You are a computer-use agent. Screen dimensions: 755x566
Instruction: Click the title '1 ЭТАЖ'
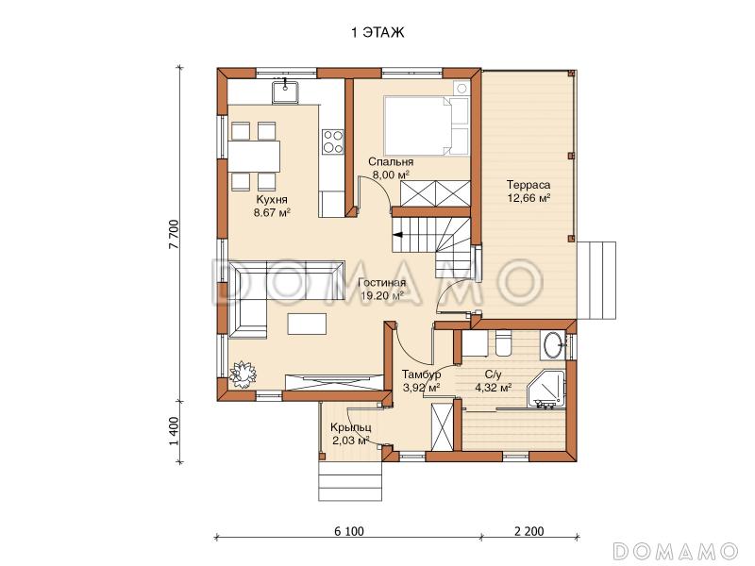pos(377,33)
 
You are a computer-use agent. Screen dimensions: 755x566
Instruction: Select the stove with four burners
pos(333,141)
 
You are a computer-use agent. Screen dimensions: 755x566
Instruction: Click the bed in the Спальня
pos(427,126)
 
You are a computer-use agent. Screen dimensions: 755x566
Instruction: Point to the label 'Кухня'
pos(272,200)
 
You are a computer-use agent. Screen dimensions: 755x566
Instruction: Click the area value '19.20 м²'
pos(382,295)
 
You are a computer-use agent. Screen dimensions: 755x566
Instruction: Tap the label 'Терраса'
pos(528,185)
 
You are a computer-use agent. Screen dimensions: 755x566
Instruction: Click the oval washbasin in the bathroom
pos(553,344)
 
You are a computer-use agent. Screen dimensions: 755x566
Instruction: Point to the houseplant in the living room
pos(243,373)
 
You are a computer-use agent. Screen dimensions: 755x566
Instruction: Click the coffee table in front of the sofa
pos(307,323)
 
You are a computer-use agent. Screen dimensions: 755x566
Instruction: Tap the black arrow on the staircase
pos(398,235)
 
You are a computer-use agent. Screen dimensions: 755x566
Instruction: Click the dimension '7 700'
pos(175,234)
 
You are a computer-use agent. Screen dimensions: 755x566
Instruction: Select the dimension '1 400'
pos(175,431)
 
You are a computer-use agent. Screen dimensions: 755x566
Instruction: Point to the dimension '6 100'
pos(348,531)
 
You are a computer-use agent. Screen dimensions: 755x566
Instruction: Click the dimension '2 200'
pos(529,531)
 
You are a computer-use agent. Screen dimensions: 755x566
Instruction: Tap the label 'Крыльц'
pos(350,427)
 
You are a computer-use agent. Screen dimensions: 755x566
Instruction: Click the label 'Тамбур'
pos(421,375)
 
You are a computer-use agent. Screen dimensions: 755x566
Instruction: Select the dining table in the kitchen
pos(254,157)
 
